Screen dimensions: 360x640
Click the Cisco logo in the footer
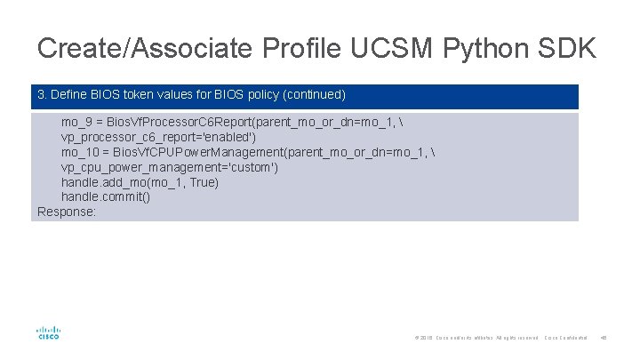pyautogui.click(x=48, y=332)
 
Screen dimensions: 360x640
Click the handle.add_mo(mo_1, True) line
pyautogui.click(x=140, y=182)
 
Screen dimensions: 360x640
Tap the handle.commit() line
pyautogui.click(x=105, y=197)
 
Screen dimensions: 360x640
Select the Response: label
pyautogui.click(x=67, y=212)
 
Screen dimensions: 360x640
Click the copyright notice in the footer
pyautogui.click(x=476, y=338)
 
